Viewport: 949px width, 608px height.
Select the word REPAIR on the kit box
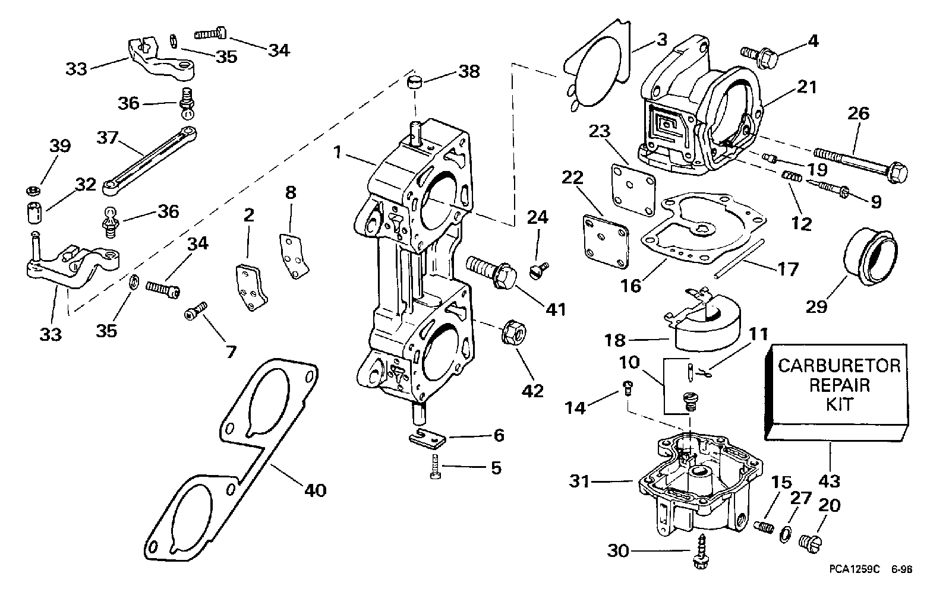pyautogui.click(x=840, y=384)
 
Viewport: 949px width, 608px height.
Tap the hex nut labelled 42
pyautogui.click(x=513, y=333)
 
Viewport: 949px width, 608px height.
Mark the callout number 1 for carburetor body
pyautogui.click(x=338, y=153)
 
